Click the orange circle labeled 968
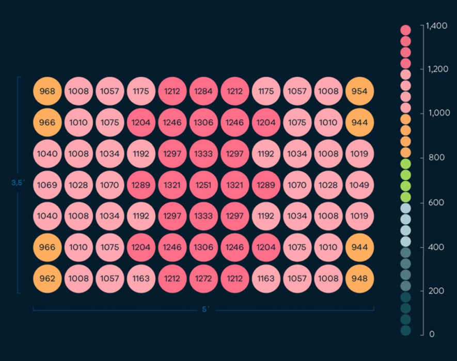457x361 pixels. click(x=48, y=92)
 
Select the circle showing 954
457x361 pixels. click(x=359, y=92)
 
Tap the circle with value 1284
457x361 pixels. click(x=203, y=92)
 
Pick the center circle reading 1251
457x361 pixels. click(x=203, y=185)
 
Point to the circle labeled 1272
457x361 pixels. click(x=203, y=279)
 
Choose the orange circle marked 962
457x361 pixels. click(x=48, y=279)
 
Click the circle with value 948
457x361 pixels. click(x=359, y=279)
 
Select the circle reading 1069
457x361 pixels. click(x=48, y=185)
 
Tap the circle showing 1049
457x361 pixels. click(x=359, y=185)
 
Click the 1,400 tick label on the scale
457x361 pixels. click(x=437, y=25)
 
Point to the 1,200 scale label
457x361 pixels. click(x=437, y=69)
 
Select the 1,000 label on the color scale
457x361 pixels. click(x=437, y=113)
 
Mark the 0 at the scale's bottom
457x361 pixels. click(x=432, y=334)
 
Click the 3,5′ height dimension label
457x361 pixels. click(x=18, y=182)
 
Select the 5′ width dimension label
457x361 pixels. click(x=204, y=309)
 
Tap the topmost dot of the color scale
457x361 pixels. click(x=405, y=30)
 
